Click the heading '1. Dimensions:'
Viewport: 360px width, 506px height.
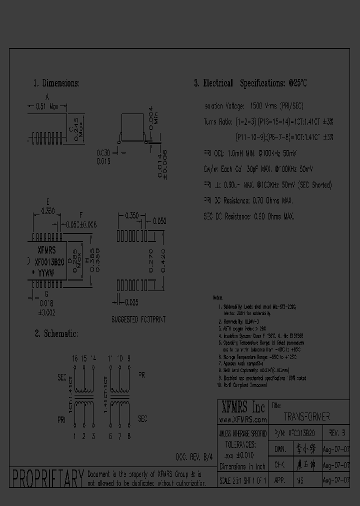(56, 83)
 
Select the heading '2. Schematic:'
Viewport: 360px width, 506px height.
(55, 333)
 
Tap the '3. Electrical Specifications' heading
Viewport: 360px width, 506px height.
(250, 83)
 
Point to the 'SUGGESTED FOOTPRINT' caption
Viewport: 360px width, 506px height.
(138, 319)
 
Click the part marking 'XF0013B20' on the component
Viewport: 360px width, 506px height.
(48, 261)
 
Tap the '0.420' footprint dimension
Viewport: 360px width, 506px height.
(163, 260)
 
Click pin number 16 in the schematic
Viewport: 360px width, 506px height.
(74, 358)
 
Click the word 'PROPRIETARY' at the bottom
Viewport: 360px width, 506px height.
(47, 478)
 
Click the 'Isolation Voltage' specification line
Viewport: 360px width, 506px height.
(254, 106)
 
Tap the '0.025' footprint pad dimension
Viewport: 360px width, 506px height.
(131, 301)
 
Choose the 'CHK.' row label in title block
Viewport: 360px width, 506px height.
(279, 464)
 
